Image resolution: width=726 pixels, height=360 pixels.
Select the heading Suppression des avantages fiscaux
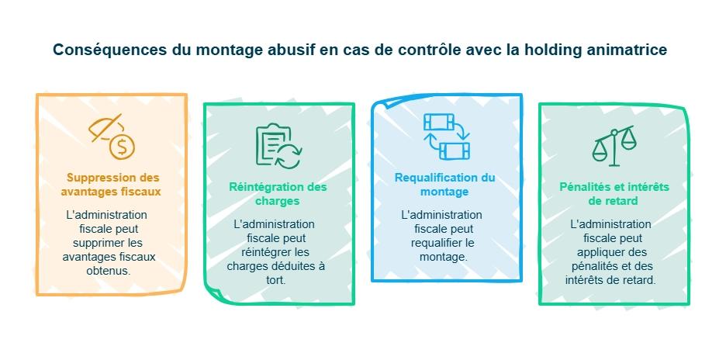tap(113, 185)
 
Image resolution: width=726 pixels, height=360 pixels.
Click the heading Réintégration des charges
tap(278, 193)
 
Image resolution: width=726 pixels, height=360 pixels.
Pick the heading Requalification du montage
tap(444, 185)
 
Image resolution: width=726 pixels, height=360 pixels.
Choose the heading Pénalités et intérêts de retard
tap(614, 194)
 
